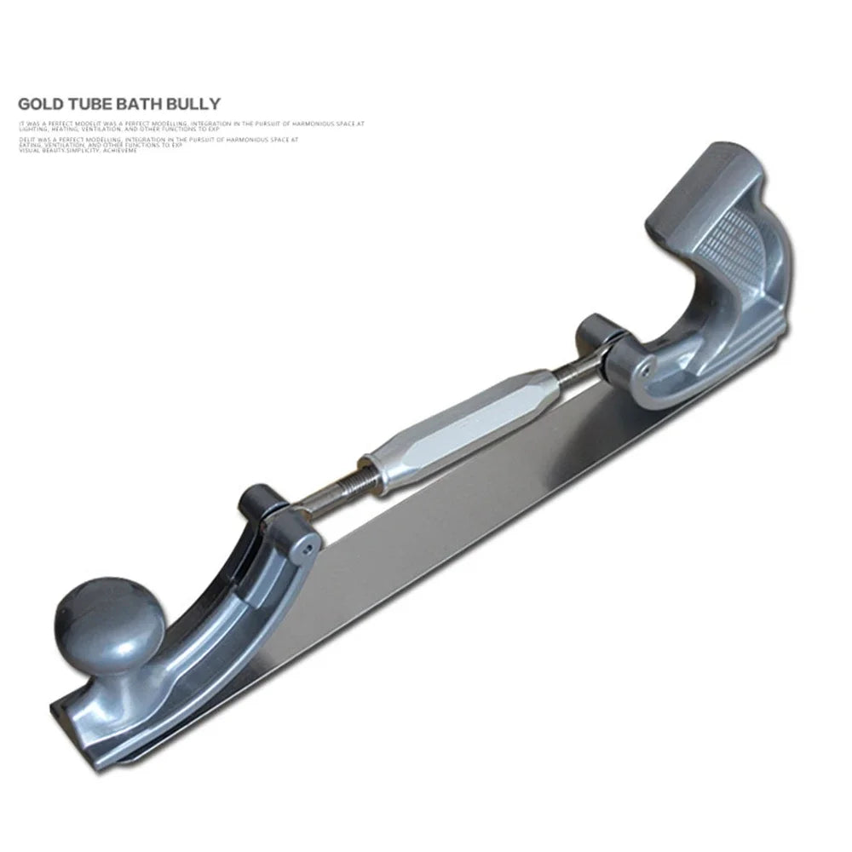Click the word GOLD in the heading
40,104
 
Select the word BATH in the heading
136,104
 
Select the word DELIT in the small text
26,136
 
